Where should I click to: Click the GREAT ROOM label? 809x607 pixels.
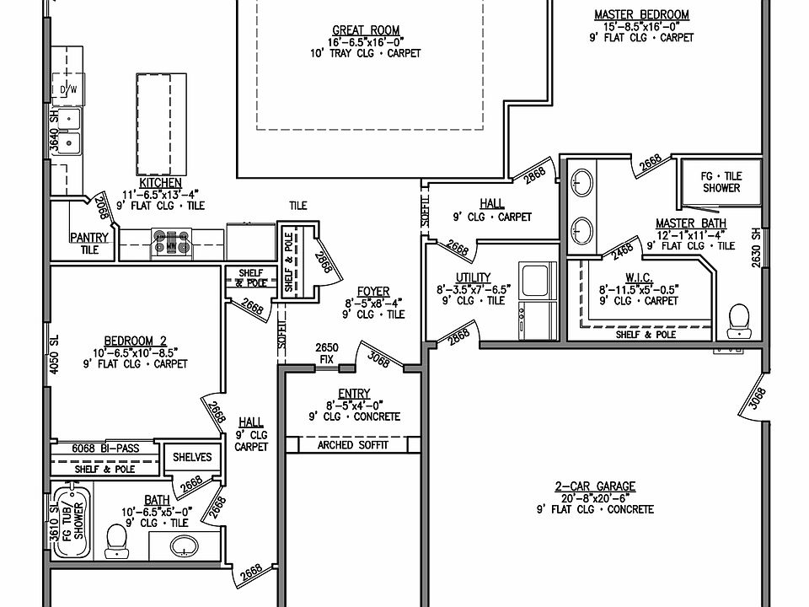366,30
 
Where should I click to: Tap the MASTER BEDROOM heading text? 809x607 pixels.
641,14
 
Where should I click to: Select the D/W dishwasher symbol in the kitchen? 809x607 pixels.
68,90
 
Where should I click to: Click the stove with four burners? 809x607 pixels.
171,243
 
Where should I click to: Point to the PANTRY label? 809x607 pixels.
89,238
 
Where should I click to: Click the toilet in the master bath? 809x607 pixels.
739,321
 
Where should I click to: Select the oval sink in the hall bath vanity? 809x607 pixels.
185,545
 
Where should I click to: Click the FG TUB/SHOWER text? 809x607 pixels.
72,521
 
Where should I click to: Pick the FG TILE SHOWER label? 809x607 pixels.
721,182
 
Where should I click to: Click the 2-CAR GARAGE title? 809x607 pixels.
595,486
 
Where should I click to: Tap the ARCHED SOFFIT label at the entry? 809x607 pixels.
353,445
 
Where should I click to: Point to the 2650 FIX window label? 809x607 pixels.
327,353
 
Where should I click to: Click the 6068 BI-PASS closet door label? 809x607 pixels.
105,449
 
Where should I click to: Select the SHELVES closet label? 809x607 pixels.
192,457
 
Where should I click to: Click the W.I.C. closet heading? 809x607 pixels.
639,277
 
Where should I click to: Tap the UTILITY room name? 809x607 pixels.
473,277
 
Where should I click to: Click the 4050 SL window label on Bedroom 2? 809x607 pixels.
54,354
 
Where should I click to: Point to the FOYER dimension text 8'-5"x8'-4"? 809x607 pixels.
373,303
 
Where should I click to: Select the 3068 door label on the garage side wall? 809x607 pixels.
757,399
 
